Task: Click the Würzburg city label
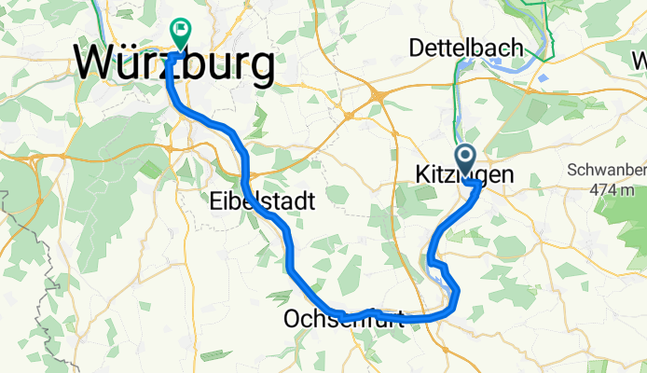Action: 175,64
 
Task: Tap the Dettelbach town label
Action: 469,46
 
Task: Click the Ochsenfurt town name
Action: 343,320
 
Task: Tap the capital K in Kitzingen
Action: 418,175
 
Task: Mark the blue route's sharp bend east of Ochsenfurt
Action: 457,297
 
